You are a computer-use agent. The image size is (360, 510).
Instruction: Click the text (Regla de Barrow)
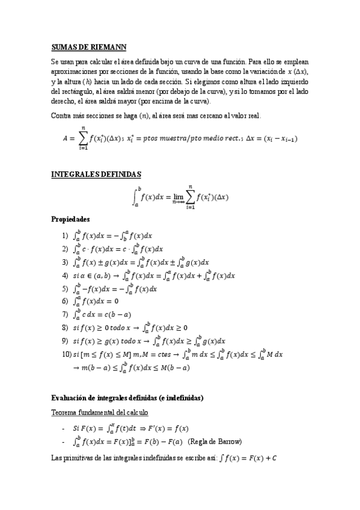[x=215, y=442]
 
